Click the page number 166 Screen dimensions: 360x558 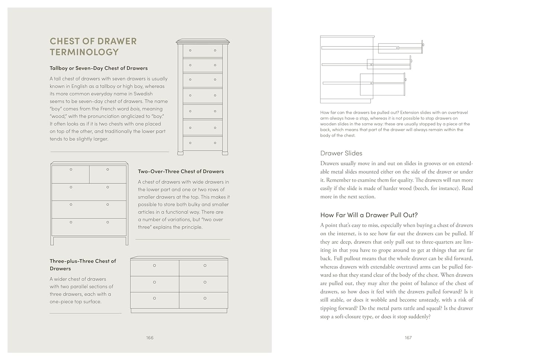(x=150, y=338)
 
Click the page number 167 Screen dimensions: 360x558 (x=408, y=338)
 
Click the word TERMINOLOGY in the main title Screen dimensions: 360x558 (x=84, y=52)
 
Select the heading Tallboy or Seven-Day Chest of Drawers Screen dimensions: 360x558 (x=99, y=68)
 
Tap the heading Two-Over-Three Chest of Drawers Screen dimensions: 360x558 (x=181, y=171)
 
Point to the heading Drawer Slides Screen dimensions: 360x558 (x=341, y=153)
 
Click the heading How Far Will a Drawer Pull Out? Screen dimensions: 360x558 (x=369, y=215)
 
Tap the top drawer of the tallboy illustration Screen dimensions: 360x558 (x=202, y=51)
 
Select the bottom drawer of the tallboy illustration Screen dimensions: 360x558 (x=202, y=143)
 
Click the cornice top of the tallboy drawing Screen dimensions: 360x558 (x=203, y=41)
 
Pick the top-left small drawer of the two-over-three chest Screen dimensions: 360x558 (x=70, y=174)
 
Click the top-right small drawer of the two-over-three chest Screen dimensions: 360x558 (x=108, y=174)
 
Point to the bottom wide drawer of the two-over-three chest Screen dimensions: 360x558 (x=89, y=227)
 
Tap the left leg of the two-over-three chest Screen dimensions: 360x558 (x=52, y=240)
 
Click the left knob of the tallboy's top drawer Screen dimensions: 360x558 (x=190, y=50)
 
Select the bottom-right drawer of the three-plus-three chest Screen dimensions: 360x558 (x=203, y=300)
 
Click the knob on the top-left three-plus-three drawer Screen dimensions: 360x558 (x=154, y=265)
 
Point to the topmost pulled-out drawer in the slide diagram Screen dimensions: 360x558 (x=400, y=48)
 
